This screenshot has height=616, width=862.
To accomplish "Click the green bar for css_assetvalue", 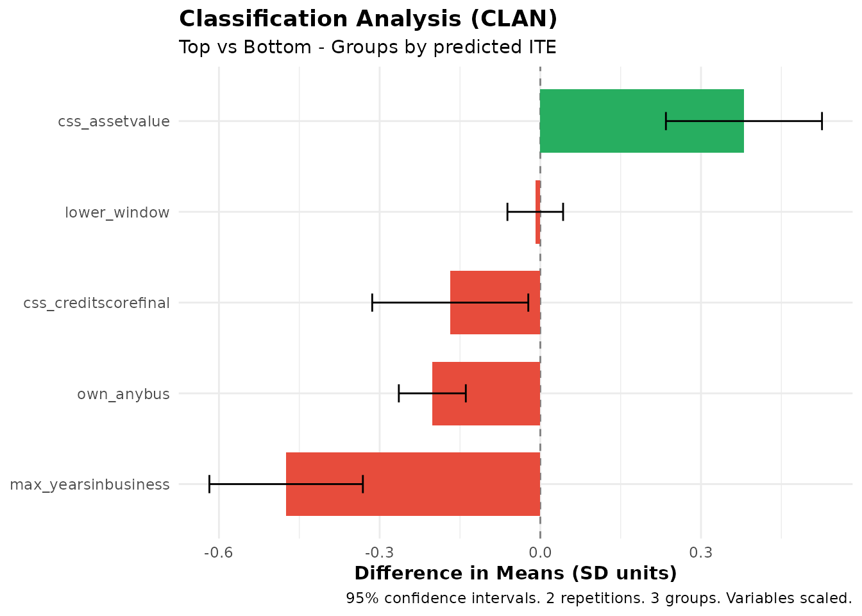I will (x=641, y=121).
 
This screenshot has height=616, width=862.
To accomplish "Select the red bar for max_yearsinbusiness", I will (x=413, y=484).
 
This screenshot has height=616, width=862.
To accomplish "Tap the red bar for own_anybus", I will (x=486, y=393).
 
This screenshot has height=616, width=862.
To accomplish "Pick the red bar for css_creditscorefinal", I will (x=495, y=302).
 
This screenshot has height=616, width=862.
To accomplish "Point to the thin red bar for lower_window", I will (x=538, y=212).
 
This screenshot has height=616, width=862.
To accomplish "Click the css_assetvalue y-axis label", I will (x=114, y=121).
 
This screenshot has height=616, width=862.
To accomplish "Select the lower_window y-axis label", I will (x=117, y=212).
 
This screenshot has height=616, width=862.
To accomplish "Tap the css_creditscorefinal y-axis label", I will (x=96, y=303).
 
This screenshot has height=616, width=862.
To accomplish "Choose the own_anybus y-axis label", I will (x=123, y=394).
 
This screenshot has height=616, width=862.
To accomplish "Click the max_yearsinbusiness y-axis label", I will (x=90, y=484).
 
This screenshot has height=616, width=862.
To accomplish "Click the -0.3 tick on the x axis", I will (x=378, y=552).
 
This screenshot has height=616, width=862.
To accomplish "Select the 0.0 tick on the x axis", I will (x=540, y=552).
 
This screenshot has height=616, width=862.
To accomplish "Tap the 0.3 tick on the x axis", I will (x=701, y=552).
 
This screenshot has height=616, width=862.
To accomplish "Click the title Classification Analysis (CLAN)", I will (x=368, y=19).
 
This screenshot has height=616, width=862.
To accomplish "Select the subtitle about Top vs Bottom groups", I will (x=368, y=47).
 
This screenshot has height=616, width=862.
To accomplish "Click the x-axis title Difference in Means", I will (x=515, y=573).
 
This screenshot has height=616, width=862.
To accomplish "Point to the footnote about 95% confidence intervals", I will (x=598, y=599).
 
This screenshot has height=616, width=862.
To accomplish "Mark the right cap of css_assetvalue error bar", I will (x=822, y=121).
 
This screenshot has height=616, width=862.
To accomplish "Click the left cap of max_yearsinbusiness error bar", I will (x=209, y=484).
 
